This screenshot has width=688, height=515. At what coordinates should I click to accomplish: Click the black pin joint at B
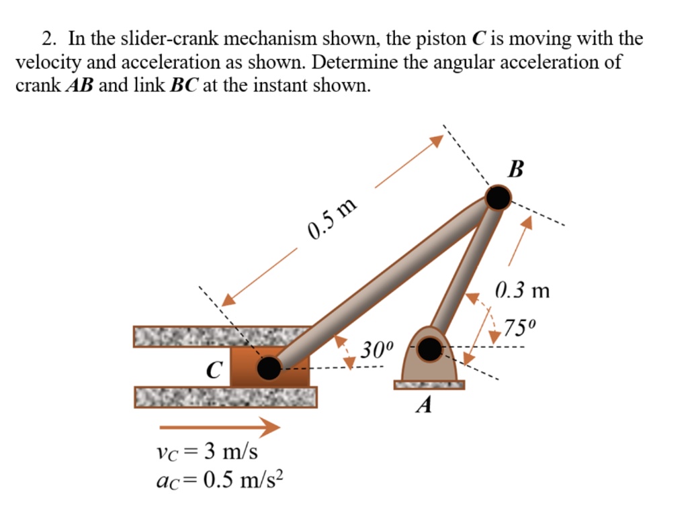pyautogui.click(x=498, y=197)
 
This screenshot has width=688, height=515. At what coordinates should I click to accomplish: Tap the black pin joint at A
pyautogui.click(x=429, y=348)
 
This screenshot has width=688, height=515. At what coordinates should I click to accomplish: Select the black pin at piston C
pyautogui.click(x=269, y=367)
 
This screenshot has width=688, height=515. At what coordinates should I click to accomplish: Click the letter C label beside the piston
pyautogui.click(x=214, y=369)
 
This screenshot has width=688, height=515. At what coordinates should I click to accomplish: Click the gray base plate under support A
pyautogui.click(x=429, y=385)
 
